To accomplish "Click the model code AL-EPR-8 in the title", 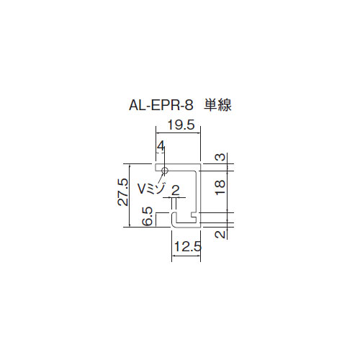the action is coord(161,105).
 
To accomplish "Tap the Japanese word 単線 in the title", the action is coord(217,105).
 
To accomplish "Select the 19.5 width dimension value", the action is coord(181,125).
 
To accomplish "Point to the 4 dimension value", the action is coord(161,146).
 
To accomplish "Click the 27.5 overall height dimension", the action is coord(123,192).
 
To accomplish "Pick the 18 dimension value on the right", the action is coord(220,187).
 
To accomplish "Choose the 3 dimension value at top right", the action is coord(221,157).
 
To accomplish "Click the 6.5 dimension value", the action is coord(147,216).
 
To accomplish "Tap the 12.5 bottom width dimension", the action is coord(188,246).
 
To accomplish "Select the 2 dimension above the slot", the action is coord(176,191).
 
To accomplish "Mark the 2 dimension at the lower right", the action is coord(220,234).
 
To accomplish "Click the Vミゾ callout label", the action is coord(151,189).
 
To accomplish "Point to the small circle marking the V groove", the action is coord(165,171).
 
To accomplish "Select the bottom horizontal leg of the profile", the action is coord(186,225).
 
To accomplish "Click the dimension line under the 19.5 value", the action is coord(179,132).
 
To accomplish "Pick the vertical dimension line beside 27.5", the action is coord(130,195).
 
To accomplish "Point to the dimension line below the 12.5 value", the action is coord(186,256).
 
